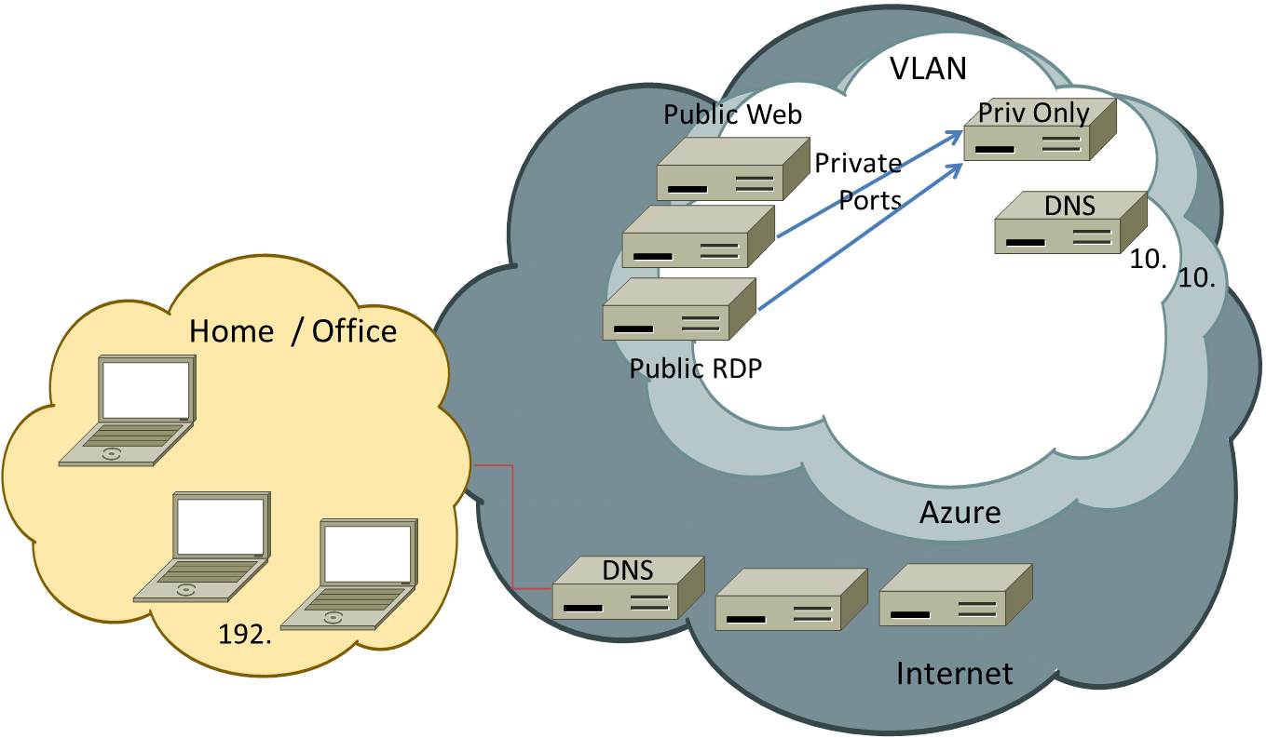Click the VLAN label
(x=928, y=68)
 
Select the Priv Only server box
(x=1039, y=130)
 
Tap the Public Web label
(x=732, y=114)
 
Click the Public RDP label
(x=695, y=369)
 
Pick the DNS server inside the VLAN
(x=1070, y=223)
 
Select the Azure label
(x=960, y=512)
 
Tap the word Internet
(x=953, y=673)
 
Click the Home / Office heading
(x=293, y=331)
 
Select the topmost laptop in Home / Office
(x=129, y=410)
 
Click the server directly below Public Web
(x=699, y=236)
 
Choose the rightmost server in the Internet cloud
(x=955, y=595)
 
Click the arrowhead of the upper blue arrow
(x=957, y=134)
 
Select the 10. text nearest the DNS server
(x=1148, y=261)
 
